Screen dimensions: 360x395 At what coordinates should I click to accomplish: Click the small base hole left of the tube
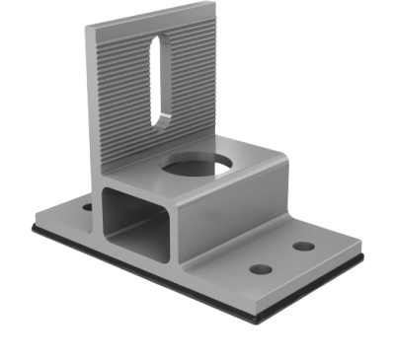[87, 208]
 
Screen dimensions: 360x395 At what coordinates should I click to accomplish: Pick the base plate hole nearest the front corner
[262, 268]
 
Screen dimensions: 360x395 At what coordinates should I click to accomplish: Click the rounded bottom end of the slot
[159, 120]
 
